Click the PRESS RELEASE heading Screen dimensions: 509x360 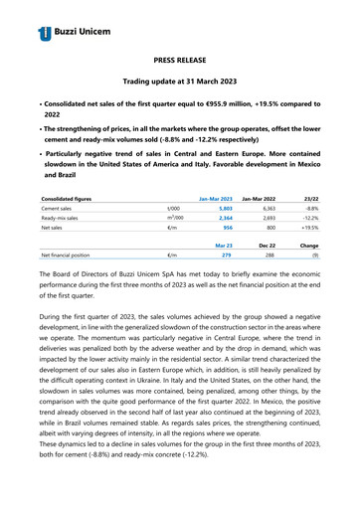[x=180, y=61]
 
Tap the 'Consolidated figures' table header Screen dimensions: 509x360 [x=74, y=199]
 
